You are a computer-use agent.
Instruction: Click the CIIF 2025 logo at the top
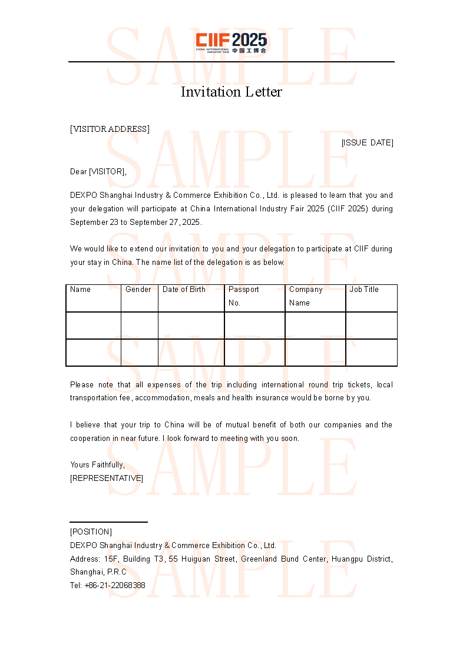coord(231,43)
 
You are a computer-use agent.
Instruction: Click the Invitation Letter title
coord(231,92)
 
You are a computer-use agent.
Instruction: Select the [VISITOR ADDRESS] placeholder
coord(110,129)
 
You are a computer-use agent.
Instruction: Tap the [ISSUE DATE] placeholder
coord(367,142)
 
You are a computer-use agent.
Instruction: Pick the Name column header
coord(81,290)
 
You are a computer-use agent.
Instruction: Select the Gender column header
coord(138,290)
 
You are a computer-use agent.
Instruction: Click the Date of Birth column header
coord(184,290)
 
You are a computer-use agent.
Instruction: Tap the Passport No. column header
coord(244,296)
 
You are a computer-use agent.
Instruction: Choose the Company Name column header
coord(306,296)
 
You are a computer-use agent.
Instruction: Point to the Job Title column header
coord(364,290)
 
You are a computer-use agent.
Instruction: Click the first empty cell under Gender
coord(140,326)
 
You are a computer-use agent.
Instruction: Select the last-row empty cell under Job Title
coord(371,353)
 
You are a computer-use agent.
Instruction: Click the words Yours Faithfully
coord(97,464)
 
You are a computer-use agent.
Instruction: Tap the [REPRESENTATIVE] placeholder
coord(107,478)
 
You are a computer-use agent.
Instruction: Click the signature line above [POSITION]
coord(108,522)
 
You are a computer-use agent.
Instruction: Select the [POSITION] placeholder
coord(91,532)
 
